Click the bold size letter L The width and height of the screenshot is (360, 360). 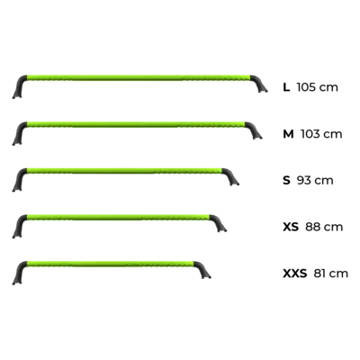[x=286, y=87]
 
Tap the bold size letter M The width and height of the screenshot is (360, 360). [x=288, y=134]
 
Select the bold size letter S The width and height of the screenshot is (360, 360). [x=286, y=180]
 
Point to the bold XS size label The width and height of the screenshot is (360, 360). [x=291, y=227]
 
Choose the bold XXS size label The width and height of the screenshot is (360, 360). [x=295, y=274]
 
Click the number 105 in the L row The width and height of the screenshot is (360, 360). [x=306, y=87]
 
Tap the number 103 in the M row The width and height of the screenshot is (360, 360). [x=310, y=134]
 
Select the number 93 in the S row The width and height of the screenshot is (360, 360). [x=303, y=180]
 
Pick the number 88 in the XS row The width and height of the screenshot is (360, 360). [x=311, y=227]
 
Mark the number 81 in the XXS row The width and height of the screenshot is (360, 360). [x=319, y=274]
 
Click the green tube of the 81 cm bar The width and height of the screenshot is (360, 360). [x=111, y=264]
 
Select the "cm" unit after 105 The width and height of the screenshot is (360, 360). [x=328, y=88]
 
